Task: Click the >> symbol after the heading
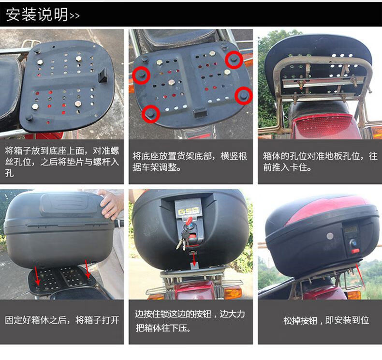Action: (75, 15)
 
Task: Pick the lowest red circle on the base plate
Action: (151, 114)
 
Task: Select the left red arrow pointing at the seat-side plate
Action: (38, 275)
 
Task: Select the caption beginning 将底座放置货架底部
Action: (190, 162)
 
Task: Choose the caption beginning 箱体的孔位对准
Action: (320, 162)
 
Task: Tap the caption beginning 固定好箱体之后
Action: (62, 320)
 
